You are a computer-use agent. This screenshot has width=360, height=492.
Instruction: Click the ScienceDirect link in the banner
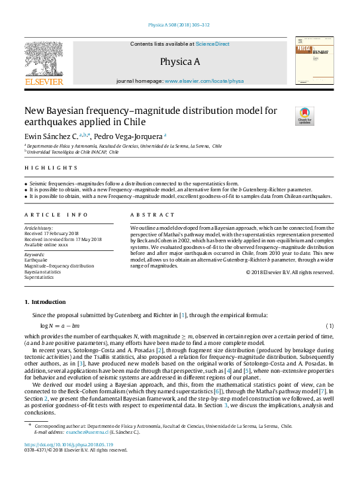tap(212, 44)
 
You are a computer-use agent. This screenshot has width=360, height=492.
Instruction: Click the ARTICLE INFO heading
tap(56, 215)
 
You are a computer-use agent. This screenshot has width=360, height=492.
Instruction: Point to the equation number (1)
tap(330, 326)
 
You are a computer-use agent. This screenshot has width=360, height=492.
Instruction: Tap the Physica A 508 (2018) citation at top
tap(180, 25)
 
